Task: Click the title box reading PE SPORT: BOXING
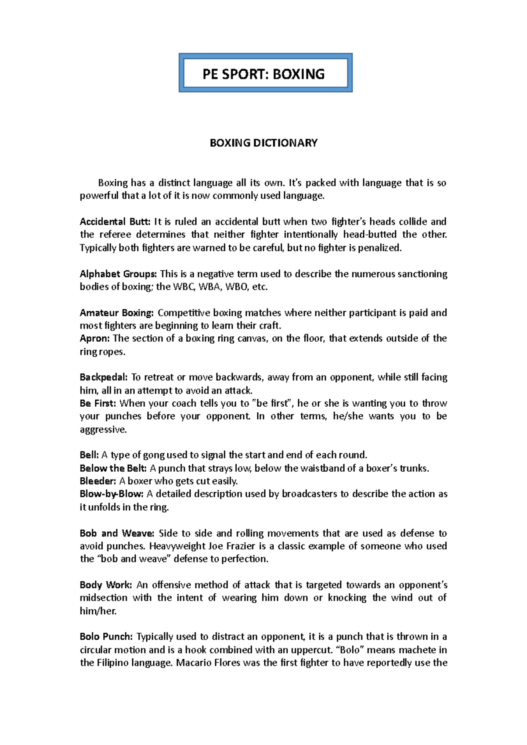click(263, 73)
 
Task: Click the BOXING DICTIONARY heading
click(263, 143)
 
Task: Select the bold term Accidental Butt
click(115, 222)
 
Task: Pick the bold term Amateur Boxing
click(116, 313)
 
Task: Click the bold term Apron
click(94, 338)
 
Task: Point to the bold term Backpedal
click(104, 377)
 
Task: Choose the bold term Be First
click(98, 403)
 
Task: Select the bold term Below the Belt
click(113, 468)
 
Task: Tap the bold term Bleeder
click(98, 481)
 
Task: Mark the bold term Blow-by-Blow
click(112, 494)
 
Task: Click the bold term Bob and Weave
click(117, 533)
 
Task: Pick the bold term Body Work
click(106, 585)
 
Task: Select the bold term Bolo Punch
click(106, 637)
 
